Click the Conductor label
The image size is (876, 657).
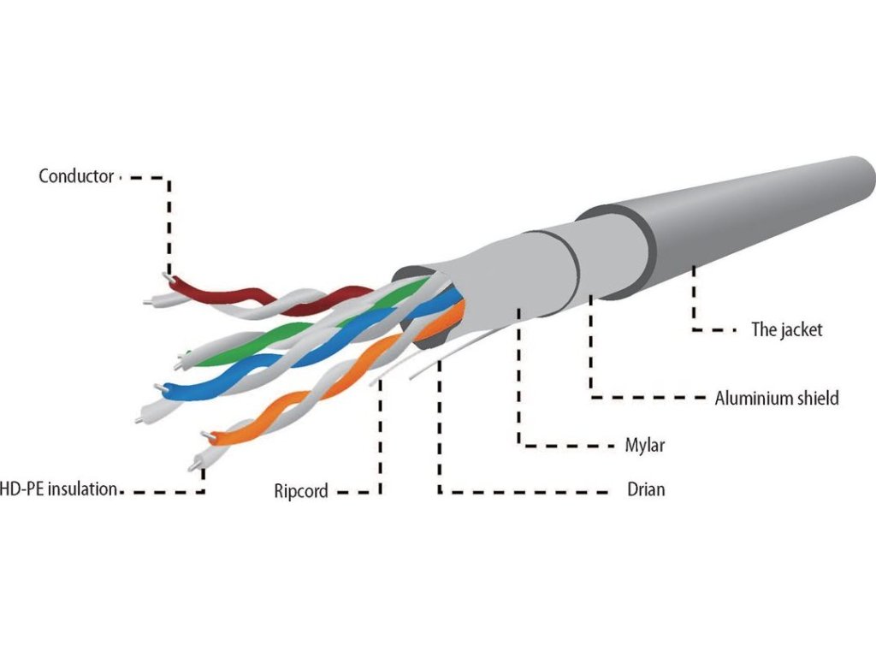(x=76, y=176)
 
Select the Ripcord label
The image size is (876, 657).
(x=300, y=491)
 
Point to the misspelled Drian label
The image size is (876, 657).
(x=646, y=491)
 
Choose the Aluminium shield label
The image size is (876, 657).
(x=777, y=398)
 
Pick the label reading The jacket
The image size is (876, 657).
(x=786, y=329)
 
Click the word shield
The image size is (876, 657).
(x=816, y=398)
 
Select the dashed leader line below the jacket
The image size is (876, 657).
(x=695, y=299)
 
